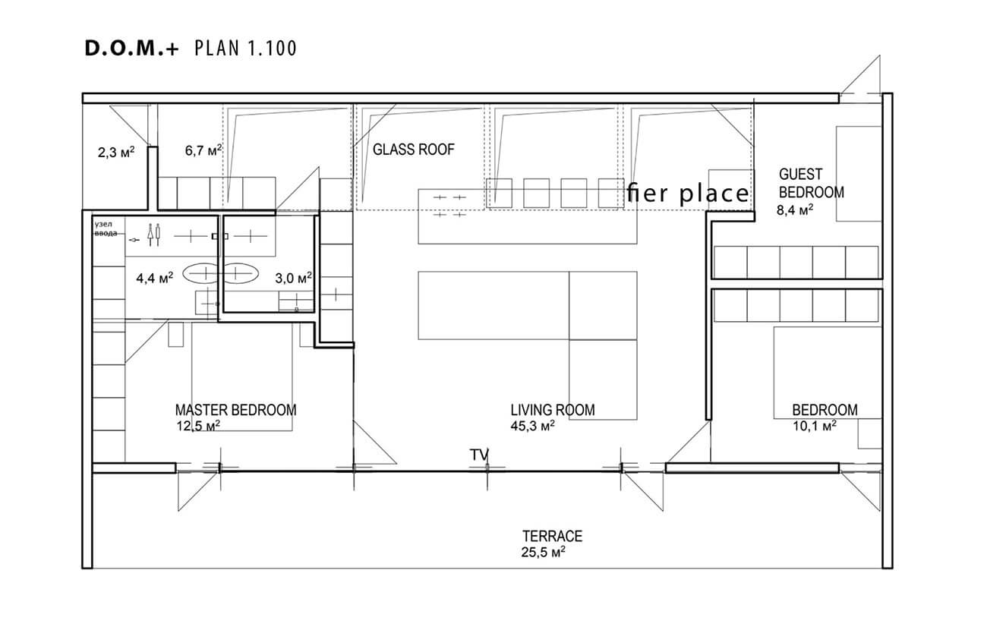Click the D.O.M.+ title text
131,49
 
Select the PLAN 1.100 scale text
245,49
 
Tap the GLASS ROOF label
413,150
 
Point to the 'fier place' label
688,194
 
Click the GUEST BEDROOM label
811,183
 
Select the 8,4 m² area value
794,210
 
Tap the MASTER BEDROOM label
235,410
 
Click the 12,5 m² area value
198,426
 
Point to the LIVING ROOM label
553,410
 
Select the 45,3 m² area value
532,426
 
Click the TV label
479,455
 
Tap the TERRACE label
552,536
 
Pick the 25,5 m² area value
543,552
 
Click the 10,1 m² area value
814,426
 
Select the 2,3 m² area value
116,153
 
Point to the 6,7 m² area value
203,151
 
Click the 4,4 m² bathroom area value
154,278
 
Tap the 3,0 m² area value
294,278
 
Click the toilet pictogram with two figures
154,235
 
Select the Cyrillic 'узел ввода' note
106,229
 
